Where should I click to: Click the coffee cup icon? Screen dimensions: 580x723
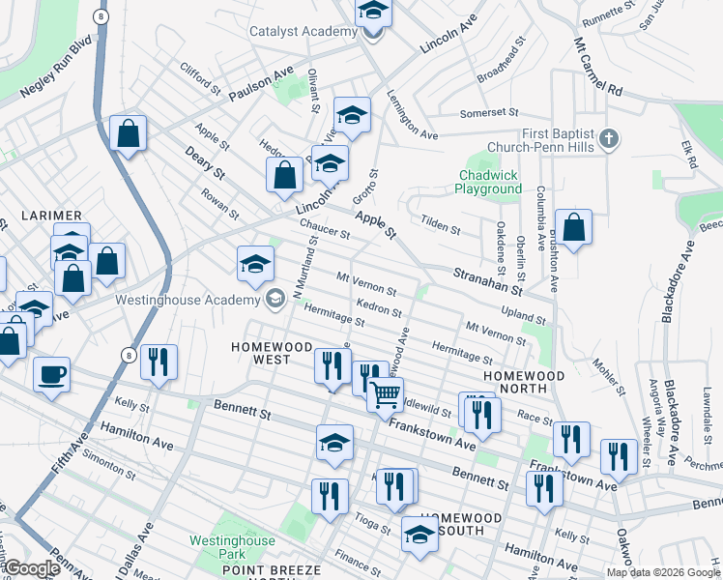coord(51,373)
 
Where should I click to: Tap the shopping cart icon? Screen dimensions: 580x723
coord(385,393)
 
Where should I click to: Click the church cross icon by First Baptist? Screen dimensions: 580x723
coord(608,139)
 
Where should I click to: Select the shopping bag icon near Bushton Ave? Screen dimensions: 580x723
coord(573,228)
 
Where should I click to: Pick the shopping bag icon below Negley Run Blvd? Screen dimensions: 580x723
coord(128,134)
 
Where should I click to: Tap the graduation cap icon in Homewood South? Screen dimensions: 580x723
coord(419,535)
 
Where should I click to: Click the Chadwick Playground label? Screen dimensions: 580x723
coord(490,182)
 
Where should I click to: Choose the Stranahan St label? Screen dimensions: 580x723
coord(488,282)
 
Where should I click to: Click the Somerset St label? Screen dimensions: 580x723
coord(490,113)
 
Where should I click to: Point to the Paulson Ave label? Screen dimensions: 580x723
coord(261,85)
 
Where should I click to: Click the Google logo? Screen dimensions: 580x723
coord(32,568)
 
